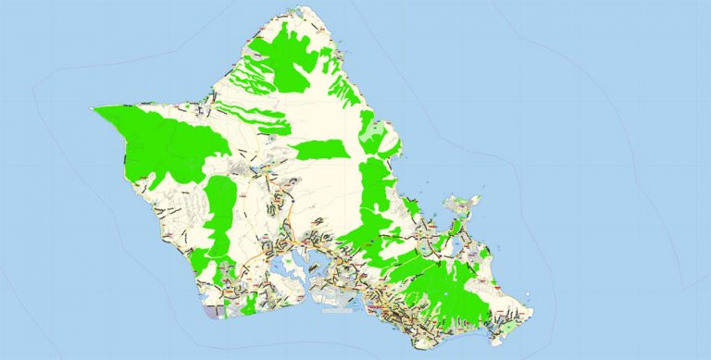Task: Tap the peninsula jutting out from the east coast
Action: pos(463,205)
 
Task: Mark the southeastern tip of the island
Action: pos(530,309)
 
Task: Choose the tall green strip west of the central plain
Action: pos(219,217)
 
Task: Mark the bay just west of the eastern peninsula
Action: pos(440,222)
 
